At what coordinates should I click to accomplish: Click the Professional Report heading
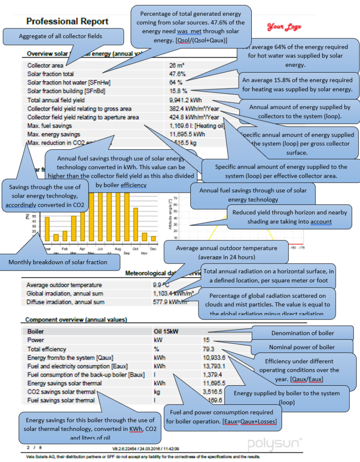point(67,21)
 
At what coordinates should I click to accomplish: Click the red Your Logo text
point(284,27)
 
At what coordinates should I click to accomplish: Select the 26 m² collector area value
point(177,65)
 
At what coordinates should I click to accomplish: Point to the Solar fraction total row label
point(51,74)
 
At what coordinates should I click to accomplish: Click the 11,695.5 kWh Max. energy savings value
point(187,134)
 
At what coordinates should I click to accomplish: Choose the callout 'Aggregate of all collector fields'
point(64,36)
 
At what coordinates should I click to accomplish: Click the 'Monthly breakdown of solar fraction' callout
point(59,262)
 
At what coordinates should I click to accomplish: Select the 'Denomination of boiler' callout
point(302,333)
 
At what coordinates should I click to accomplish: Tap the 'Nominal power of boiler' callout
point(302,347)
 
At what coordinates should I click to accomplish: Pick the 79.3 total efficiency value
point(209,349)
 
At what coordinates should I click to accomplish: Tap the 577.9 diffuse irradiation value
point(163,302)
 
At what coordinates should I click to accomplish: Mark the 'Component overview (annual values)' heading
point(76,319)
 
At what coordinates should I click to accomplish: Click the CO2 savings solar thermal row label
point(61,392)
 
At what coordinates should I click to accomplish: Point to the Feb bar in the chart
point(65,236)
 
